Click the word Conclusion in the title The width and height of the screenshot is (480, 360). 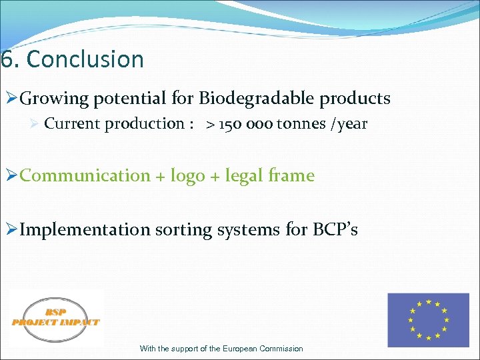point(85,59)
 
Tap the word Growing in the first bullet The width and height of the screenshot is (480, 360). point(54,99)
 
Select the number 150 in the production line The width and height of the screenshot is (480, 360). point(232,124)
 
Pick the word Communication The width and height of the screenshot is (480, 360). point(85,176)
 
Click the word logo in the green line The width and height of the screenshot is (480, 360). point(187,176)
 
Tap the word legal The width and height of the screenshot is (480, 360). point(243,176)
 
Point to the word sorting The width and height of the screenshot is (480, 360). point(182,230)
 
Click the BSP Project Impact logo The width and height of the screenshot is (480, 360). point(56,319)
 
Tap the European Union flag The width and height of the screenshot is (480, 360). point(429,320)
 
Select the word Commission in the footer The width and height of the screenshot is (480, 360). point(281,349)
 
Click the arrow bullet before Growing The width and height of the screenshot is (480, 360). point(10,99)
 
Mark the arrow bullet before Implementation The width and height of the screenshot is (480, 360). point(10,230)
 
